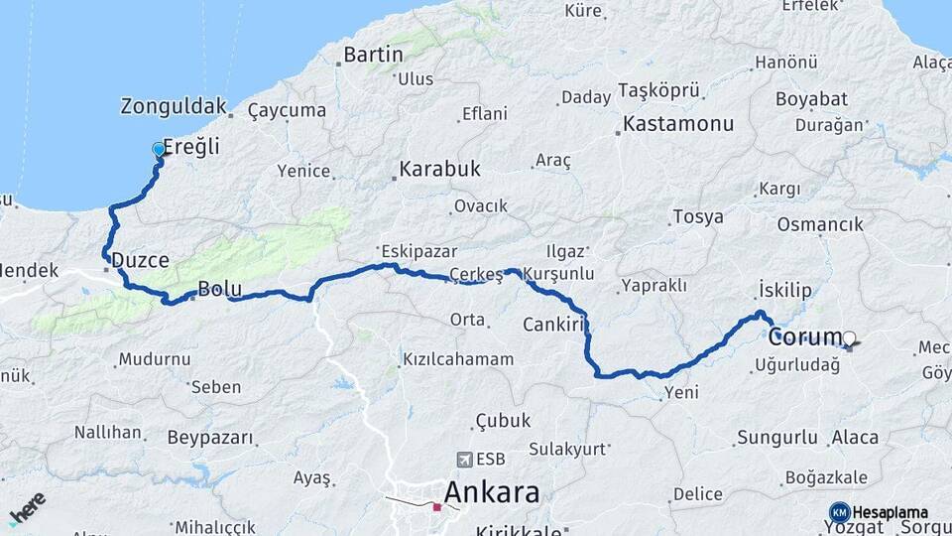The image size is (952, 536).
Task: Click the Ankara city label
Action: pyautogui.click(x=492, y=492)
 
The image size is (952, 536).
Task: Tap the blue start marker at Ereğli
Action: pyautogui.click(x=159, y=150)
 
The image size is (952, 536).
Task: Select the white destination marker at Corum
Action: pyautogui.click(x=849, y=337)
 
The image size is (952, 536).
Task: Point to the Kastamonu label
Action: pyautogui.click(x=678, y=125)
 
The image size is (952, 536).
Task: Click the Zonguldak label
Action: pyautogui.click(x=174, y=106)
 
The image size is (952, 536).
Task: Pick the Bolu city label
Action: pyautogui.click(x=220, y=289)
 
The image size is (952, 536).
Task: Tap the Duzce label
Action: pyautogui.click(x=140, y=260)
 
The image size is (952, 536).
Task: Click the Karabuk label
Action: pyautogui.click(x=439, y=169)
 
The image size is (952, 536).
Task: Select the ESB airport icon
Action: pyautogui.click(x=463, y=459)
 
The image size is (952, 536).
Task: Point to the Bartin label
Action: pyautogui.click(x=373, y=55)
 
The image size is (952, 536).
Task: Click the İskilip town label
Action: pyautogui.click(x=784, y=290)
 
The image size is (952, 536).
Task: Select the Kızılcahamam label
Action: pyautogui.click(x=458, y=359)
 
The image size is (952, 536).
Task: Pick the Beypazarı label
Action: pyautogui.click(x=210, y=438)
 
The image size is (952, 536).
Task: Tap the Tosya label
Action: pyautogui.click(x=697, y=217)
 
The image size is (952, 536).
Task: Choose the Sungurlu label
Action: pyautogui.click(x=777, y=438)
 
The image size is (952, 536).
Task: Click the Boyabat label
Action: pyautogui.click(x=811, y=99)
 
